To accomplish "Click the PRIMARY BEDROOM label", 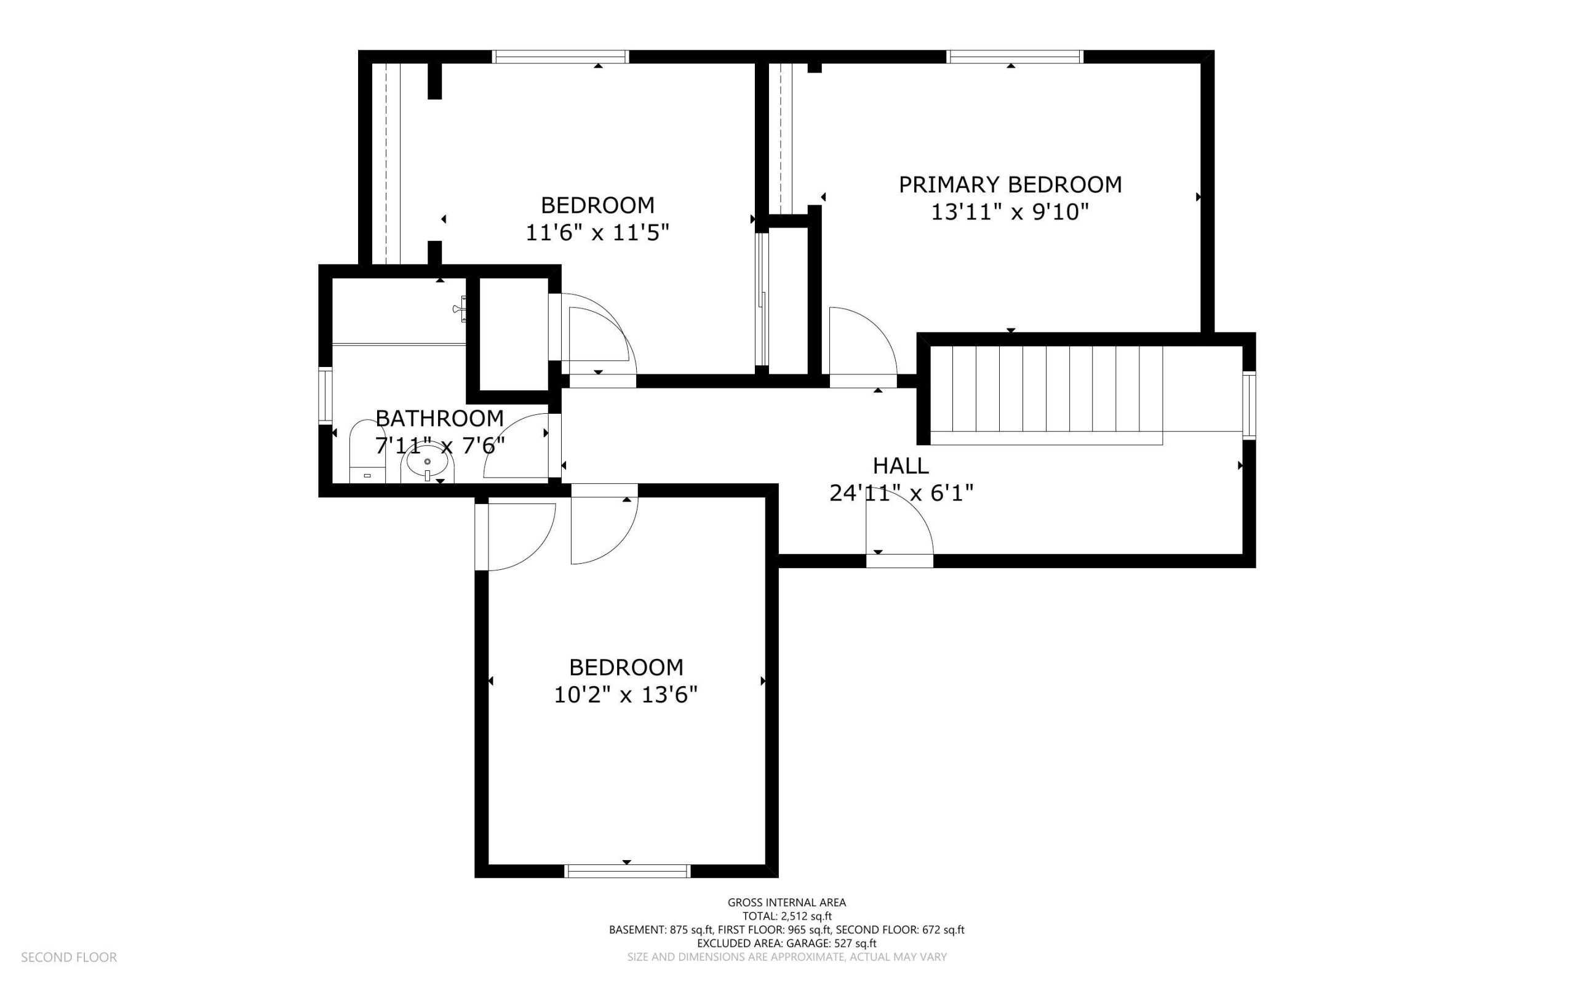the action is point(1010,184).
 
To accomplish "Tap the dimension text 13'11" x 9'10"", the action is point(1010,213).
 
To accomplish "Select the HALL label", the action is point(901,465).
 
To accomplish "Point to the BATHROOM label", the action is point(440,418).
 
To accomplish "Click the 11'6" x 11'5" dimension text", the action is point(597,233).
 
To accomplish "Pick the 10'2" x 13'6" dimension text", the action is point(626,695).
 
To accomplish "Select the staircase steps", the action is point(1047,388).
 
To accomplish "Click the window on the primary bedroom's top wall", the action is point(1015,57).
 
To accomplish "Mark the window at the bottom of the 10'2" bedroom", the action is point(627,871).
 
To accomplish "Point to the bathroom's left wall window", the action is point(325,396).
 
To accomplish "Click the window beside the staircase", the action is point(1249,405).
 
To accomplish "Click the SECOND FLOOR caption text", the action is point(69,957).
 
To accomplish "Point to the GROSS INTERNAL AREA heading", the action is point(786,902).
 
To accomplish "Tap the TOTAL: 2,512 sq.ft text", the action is point(787,916).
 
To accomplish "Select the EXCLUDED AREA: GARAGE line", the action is point(786,943).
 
